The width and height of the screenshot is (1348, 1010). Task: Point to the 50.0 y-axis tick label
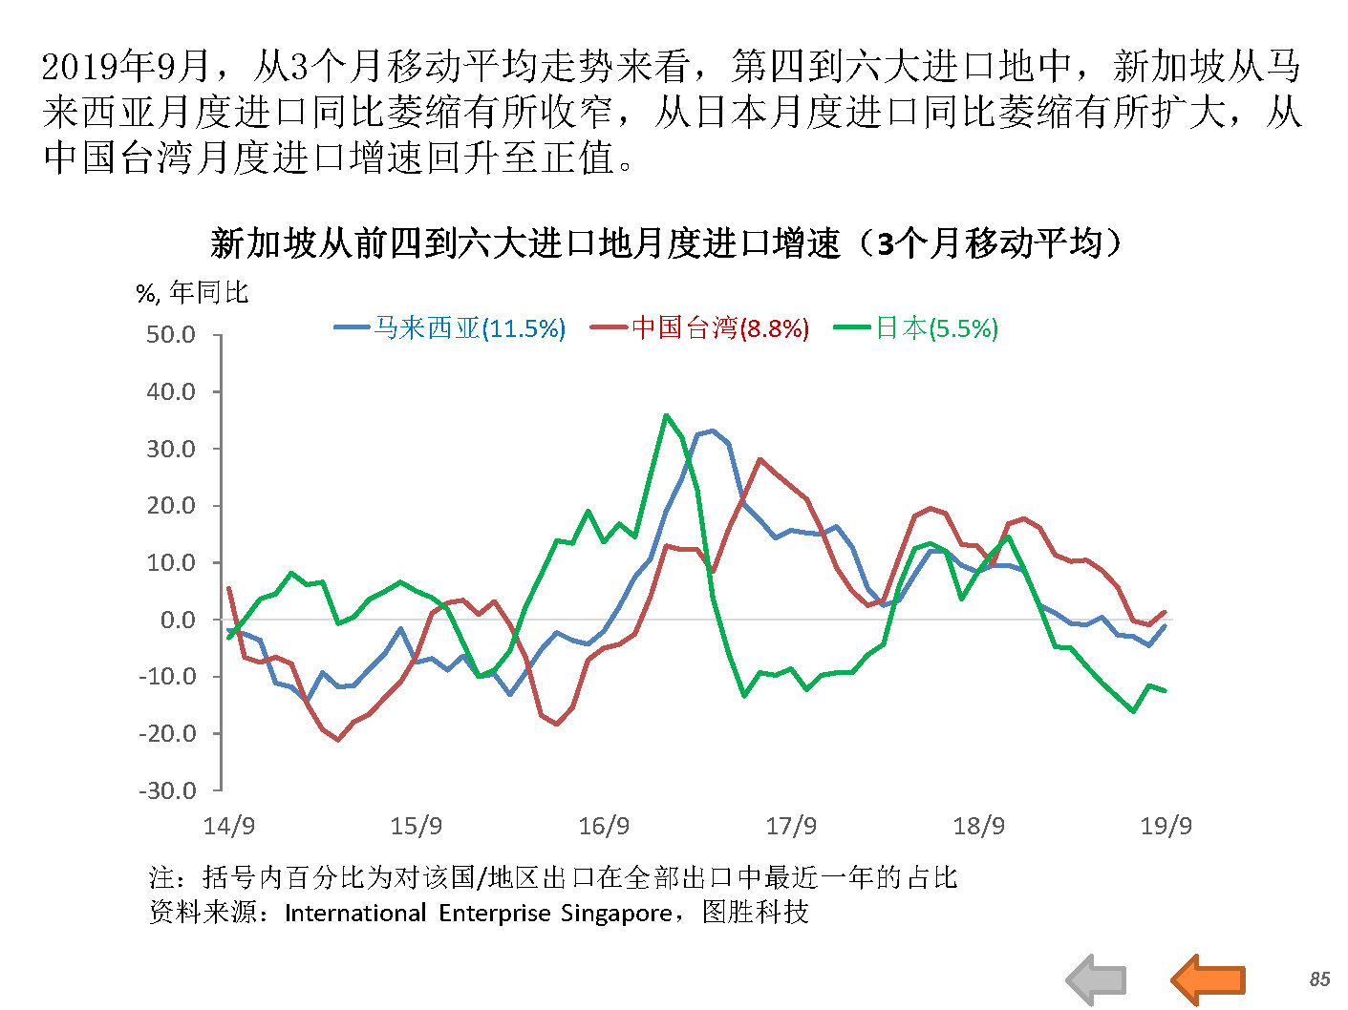(171, 335)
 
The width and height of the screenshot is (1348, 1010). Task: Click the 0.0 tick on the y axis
(178, 620)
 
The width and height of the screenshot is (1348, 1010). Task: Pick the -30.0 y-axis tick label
(167, 790)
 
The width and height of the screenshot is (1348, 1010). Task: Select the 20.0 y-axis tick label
(171, 506)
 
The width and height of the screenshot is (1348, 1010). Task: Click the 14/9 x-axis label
(229, 826)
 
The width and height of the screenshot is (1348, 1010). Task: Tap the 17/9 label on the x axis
(791, 826)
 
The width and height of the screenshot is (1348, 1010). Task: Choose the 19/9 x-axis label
(1166, 826)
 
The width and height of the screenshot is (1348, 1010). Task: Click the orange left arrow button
(1209, 979)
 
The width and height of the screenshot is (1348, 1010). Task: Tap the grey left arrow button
(1097, 979)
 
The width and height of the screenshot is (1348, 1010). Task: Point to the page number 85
(1319, 979)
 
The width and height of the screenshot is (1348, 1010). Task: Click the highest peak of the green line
(666, 415)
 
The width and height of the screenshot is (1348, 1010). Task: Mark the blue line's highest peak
(712, 431)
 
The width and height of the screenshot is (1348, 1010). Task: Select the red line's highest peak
(760, 459)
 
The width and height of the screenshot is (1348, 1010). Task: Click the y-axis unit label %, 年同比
(192, 292)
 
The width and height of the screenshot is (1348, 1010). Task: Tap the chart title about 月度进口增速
(667, 243)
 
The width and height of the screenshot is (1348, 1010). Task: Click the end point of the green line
(1165, 691)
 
